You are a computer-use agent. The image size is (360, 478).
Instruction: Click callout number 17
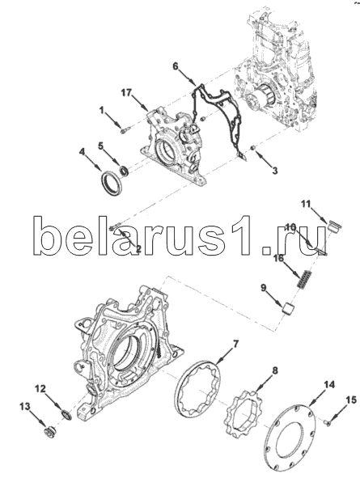click(x=126, y=93)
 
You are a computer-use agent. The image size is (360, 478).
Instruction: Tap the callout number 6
click(x=176, y=66)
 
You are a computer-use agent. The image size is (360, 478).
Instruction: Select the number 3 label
click(x=275, y=171)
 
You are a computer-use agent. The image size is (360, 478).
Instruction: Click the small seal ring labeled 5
click(x=124, y=171)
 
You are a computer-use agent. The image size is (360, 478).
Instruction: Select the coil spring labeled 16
click(x=304, y=279)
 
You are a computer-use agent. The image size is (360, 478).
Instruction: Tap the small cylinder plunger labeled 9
click(x=288, y=307)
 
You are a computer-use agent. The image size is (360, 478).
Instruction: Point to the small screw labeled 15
click(x=328, y=422)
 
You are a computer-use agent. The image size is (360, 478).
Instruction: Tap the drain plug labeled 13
click(x=49, y=432)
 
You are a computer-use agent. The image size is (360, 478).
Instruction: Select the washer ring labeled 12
click(x=67, y=415)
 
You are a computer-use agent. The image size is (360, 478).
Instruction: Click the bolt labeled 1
click(x=125, y=131)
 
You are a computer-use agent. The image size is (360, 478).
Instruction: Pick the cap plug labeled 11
click(x=335, y=226)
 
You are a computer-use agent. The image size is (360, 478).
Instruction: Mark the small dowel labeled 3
click(x=252, y=148)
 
